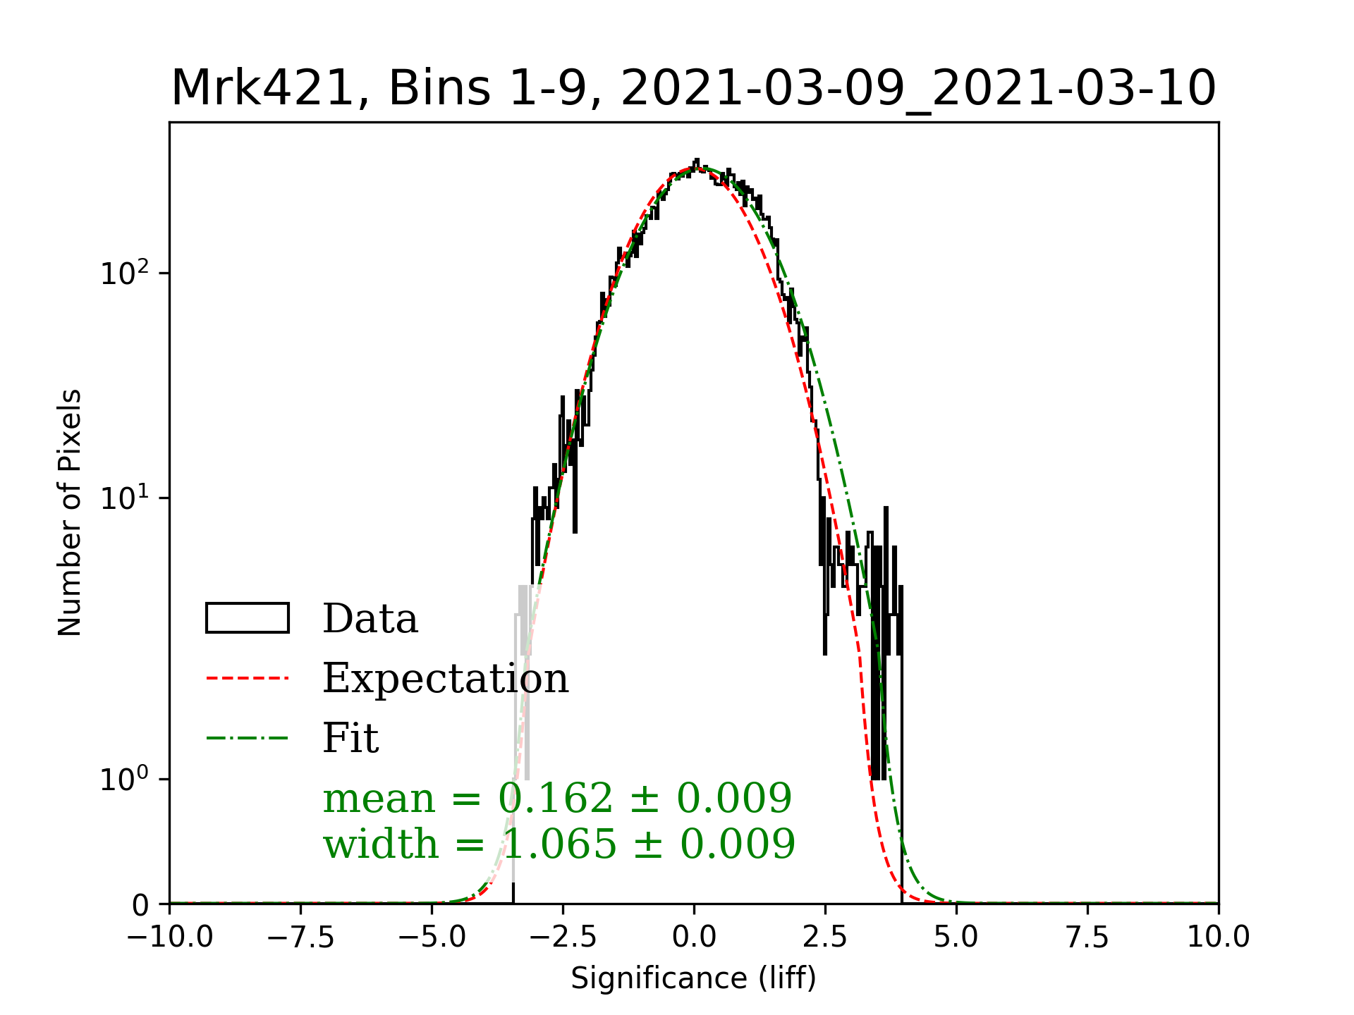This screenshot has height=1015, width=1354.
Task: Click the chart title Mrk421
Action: [693, 89]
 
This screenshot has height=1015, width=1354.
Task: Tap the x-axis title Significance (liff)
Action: [693, 978]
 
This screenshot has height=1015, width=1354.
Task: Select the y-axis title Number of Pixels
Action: [70, 512]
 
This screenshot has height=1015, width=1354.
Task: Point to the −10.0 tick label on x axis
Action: [170, 937]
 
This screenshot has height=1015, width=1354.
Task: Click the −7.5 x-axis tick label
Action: [300, 937]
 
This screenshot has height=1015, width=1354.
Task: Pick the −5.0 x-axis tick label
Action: [432, 937]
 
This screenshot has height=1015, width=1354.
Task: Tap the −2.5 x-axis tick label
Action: [563, 937]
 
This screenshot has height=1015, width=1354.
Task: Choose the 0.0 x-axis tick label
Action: [694, 937]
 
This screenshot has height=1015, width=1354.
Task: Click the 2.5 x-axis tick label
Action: [825, 937]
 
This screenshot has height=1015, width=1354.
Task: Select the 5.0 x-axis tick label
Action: [956, 937]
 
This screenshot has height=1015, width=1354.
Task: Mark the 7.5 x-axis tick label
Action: [1087, 937]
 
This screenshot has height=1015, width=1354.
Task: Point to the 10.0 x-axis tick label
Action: [1219, 937]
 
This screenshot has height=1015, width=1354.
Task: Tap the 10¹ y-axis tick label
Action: [125, 498]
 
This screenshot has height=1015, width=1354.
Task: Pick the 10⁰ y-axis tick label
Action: [125, 779]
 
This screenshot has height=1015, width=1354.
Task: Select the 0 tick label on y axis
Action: [141, 905]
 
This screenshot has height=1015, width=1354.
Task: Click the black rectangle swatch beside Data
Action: [248, 618]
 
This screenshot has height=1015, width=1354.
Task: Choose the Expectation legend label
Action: [445, 678]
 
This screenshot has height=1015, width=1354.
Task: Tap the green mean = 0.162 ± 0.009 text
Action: [557, 798]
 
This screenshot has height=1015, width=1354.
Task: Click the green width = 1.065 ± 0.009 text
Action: [559, 844]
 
